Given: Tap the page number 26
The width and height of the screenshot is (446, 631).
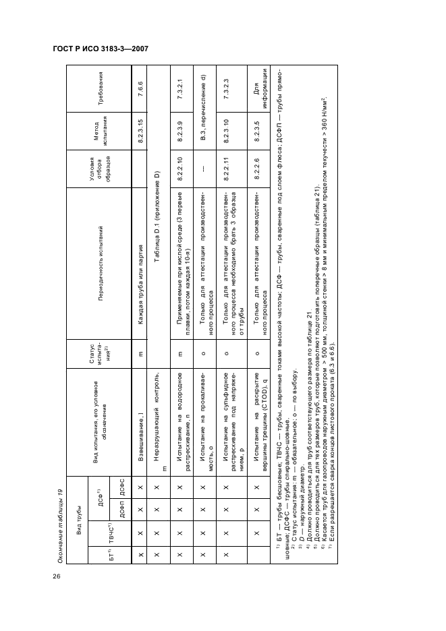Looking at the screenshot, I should point(55,575).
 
